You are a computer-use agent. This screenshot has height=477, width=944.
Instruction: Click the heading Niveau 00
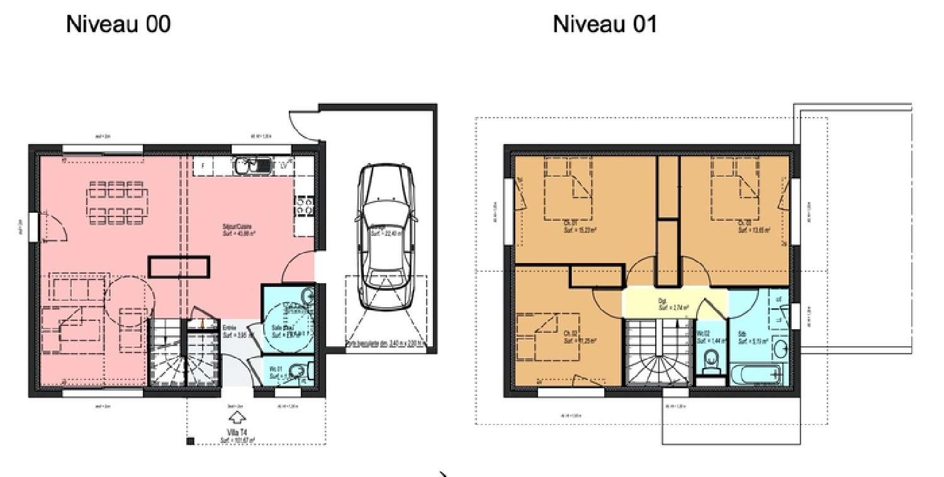pos(118,25)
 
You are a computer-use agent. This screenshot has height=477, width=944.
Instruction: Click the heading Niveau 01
pos(604,25)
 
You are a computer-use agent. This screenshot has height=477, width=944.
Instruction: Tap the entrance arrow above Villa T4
pos(236,417)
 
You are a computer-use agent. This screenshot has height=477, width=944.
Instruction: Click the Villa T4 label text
pos(236,432)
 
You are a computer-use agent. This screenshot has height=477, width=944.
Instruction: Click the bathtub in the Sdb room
pos(758,376)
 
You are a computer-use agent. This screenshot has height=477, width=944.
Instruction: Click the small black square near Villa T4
pos(189,443)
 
